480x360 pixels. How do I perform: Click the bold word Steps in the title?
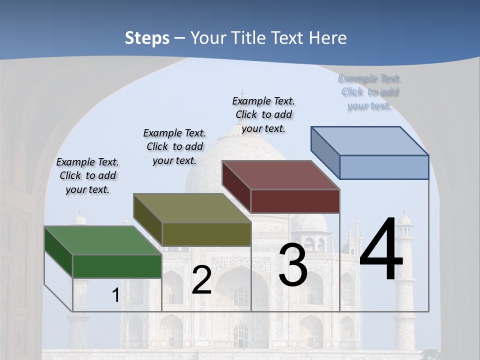tap(147, 38)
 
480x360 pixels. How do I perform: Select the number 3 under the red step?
tap(293, 265)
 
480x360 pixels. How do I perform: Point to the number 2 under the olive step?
tap(201, 280)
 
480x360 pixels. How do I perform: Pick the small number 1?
tap(115, 295)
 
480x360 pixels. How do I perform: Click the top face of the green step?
tap(102, 240)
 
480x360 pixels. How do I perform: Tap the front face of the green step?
tap(117, 266)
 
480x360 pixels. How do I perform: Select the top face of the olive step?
tap(192, 208)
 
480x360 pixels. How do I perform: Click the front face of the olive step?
tap(206, 234)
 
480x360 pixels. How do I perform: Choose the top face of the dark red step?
tap(280, 175)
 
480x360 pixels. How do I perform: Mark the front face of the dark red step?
tap(295, 201)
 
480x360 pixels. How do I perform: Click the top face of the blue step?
tap(370, 141)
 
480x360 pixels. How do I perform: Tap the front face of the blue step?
tap(384, 167)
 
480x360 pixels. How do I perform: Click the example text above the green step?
tap(87, 175)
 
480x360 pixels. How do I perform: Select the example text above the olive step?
tap(174, 146)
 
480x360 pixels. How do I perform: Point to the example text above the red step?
tap(263, 114)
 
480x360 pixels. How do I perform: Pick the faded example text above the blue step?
tap(369, 92)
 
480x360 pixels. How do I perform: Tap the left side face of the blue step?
tap(325, 152)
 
